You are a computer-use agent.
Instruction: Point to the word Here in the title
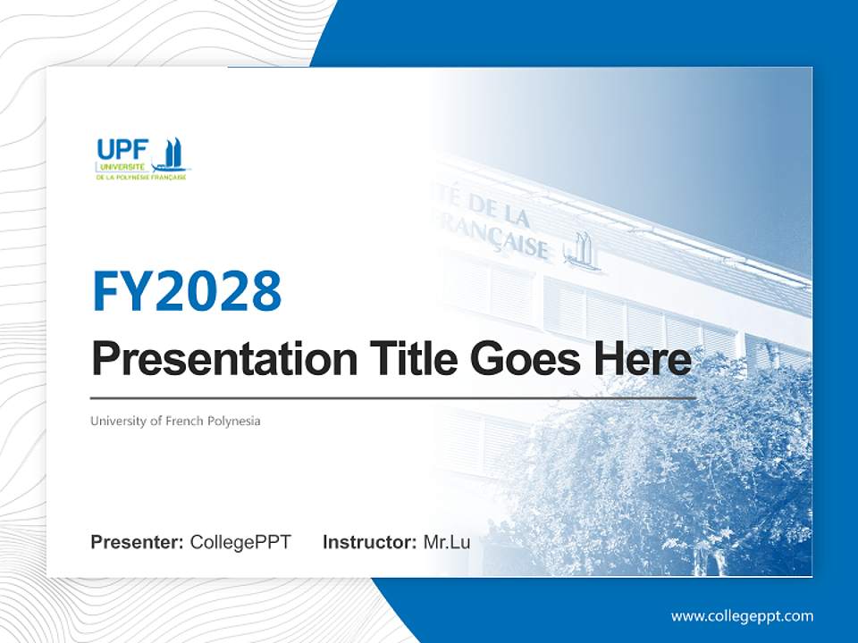click(x=643, y=360)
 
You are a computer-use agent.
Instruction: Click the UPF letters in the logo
click(x=122, y=150)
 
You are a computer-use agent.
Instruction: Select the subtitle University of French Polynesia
click(x=175, y=421)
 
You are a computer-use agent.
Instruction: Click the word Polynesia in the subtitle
click(x=234, y=421)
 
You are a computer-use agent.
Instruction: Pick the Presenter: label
click(x=137, y=542)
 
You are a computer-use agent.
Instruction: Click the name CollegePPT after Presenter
click(x=240, y=542)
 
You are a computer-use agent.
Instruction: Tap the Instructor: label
click(x=369, y=542)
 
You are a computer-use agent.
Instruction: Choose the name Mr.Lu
click(x=447, y=542)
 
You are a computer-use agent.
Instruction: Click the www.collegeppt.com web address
click(x=742, y=616)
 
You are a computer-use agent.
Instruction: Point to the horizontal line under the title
click(x=393, y=397)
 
